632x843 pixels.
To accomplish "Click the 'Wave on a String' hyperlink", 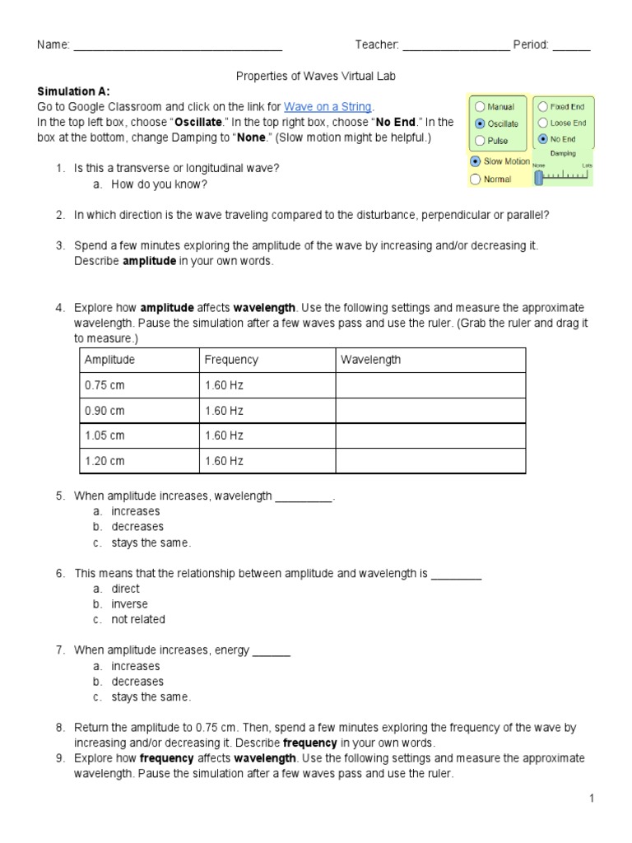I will click(x=328, y=107).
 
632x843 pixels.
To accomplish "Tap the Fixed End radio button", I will click(x=542, y=107).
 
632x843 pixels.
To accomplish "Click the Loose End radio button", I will click(x=542, y=123).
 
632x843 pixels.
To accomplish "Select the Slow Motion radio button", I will click(x=476, y=161).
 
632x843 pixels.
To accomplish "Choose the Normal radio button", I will click(x=476, y=179).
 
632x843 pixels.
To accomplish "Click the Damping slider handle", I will click(x=538, y=174).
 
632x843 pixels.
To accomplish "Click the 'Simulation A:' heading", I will click(x=73, y=91).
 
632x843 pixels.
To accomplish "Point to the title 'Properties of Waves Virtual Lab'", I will click(x=316, y=76).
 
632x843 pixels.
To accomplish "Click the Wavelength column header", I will click(x=371, y=360).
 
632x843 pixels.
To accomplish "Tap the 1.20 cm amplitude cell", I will click(x=105, y=461).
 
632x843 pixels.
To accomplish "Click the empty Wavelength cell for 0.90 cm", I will click(x=429, y=411).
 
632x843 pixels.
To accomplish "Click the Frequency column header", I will click(x=230, y=360).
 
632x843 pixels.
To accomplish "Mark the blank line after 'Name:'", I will click(x=178, y=45).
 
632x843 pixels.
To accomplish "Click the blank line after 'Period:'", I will click(x=571, y=45).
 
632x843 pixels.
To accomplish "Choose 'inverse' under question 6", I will click(x=129, y=604).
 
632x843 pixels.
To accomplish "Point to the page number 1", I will click(x=591, y=799).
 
